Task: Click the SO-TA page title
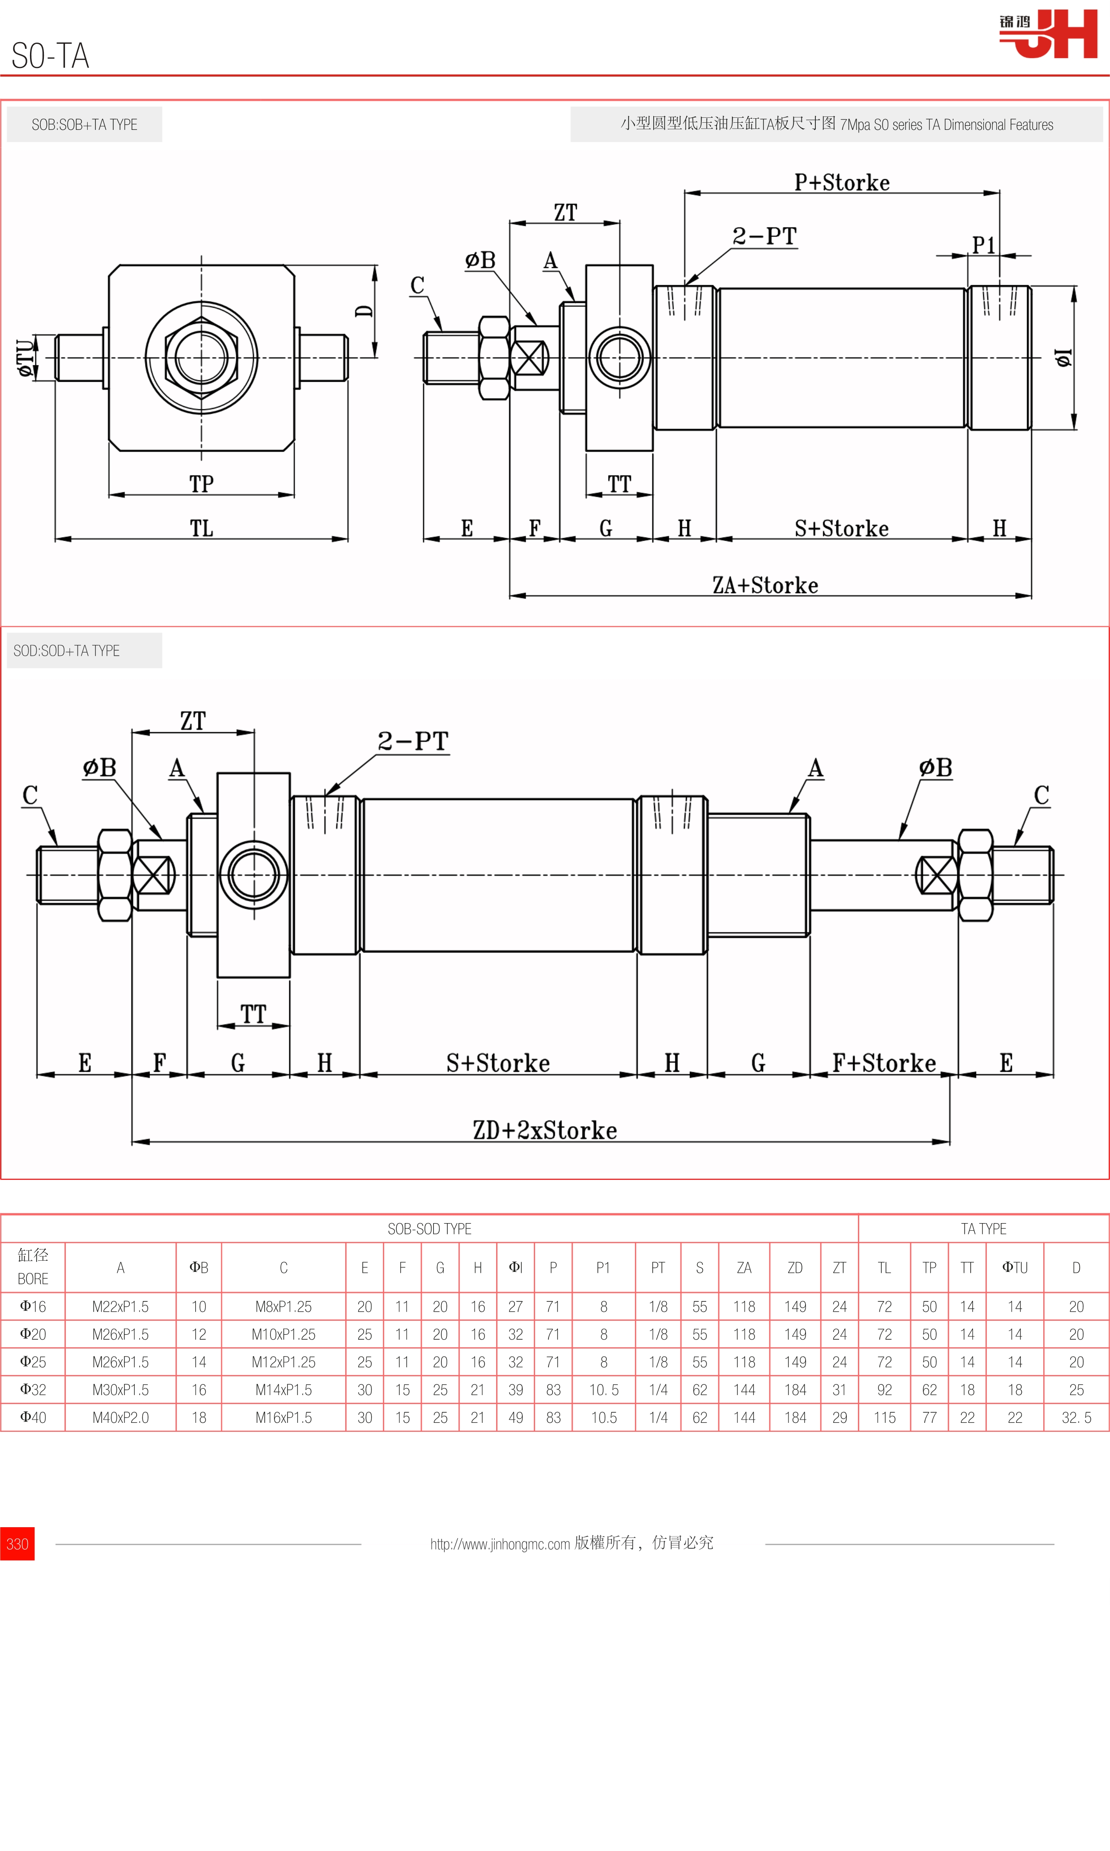[x=50, y=56]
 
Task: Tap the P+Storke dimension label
[x=841, y=183]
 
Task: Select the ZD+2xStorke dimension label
[x=544, y=1130]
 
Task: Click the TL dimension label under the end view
[x=201, y=528]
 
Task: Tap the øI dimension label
[x=1063, y=358]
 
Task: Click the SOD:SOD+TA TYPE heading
[x=67, y=651]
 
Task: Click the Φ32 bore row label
[x=33, y=1389]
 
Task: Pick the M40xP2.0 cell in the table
[x=120, y=1417]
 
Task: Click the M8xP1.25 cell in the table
[x=283, y=1306]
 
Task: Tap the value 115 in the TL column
[x=884, y=1417]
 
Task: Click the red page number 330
[x=17, y=1543]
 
